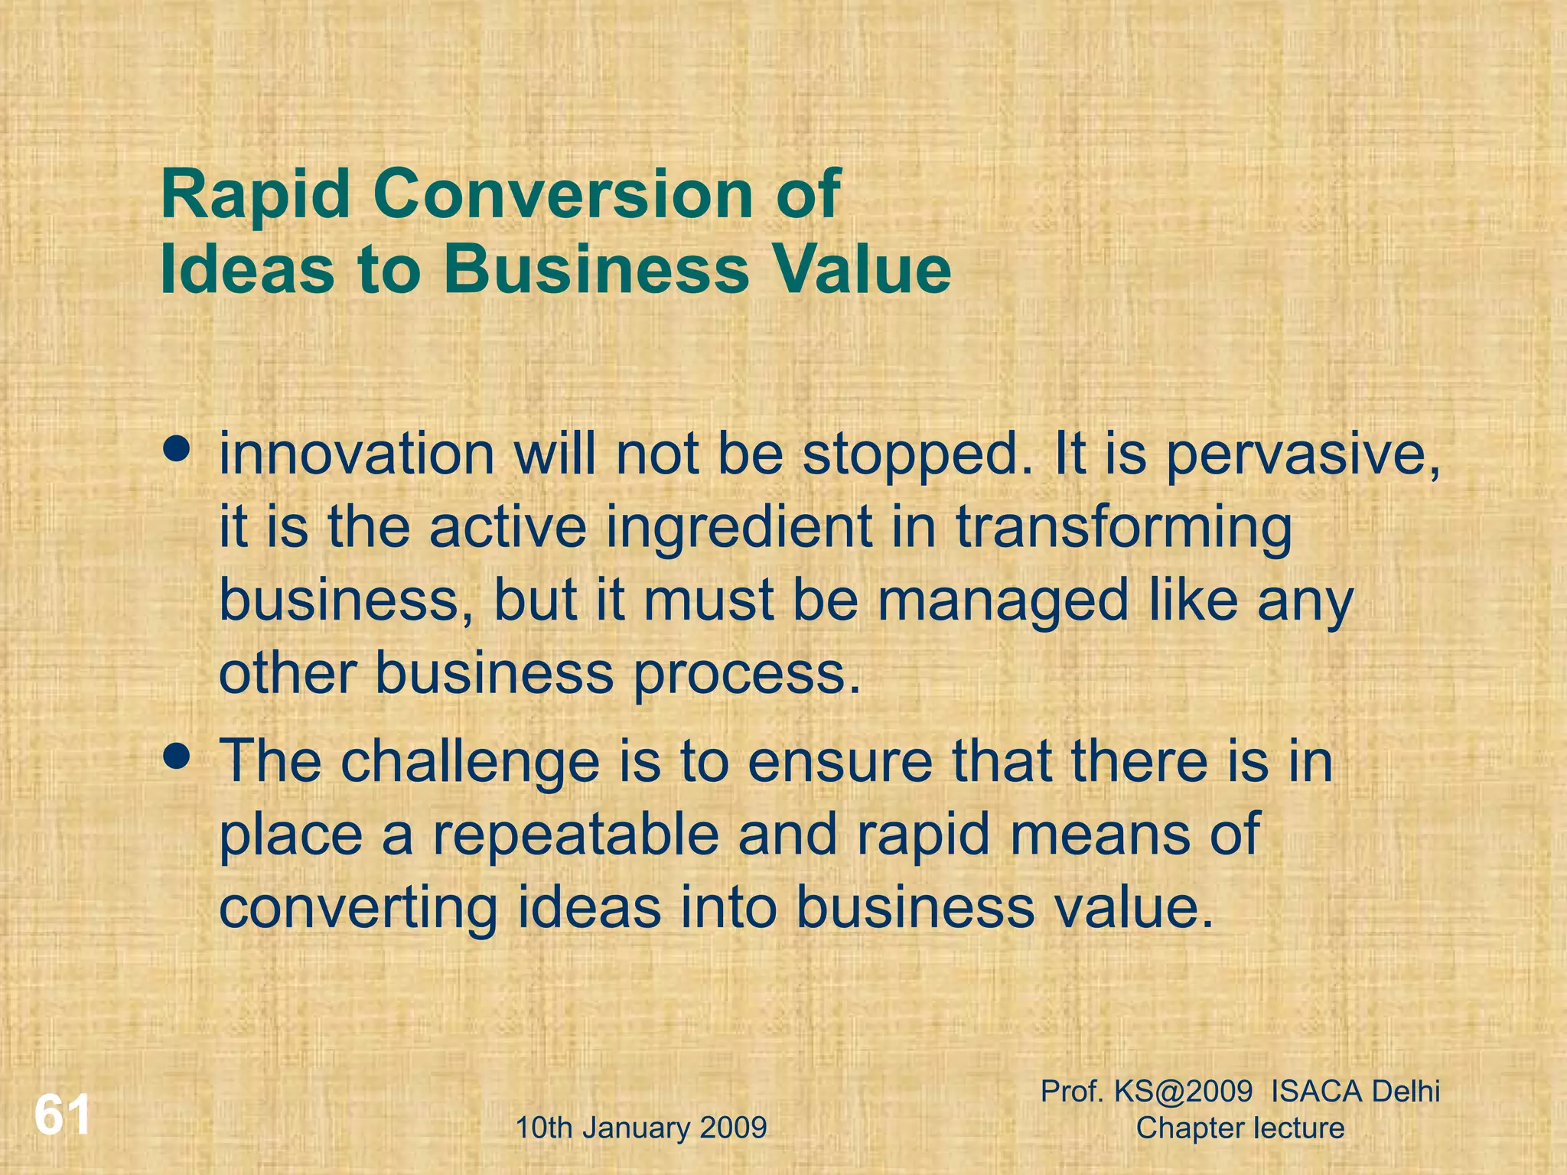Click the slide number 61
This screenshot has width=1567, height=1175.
(62, 1116)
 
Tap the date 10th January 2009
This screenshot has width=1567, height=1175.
(641, 1128)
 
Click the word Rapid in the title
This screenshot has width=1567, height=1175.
(256, 195)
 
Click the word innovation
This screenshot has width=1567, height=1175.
(357, 454)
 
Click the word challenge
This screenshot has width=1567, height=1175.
(470, 763)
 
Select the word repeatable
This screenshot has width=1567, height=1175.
(576, 835)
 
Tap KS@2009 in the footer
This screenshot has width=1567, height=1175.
(1183, 1091)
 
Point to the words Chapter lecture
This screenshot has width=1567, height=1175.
(1240, 1128)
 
